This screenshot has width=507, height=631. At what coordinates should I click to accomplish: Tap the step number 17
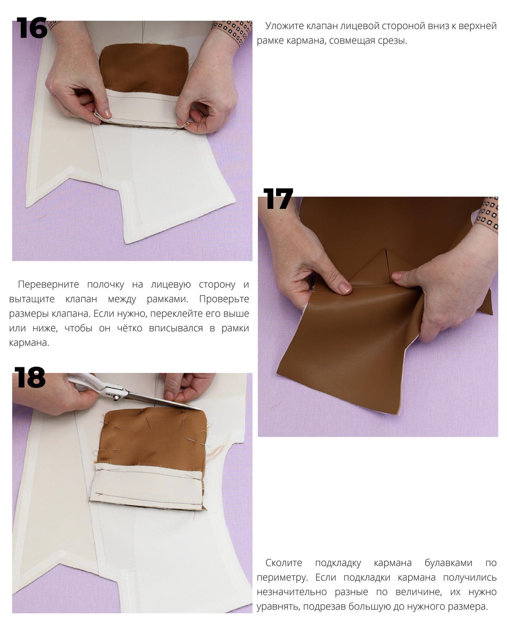click(278, 199)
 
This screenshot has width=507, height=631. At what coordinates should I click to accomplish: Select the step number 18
click(30, 377)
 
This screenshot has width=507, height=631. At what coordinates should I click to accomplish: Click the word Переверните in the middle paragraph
click(49, 284)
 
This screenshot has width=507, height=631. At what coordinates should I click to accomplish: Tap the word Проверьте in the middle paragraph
click(224, 299)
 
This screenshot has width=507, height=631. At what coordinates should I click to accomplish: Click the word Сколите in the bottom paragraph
click(284, 563)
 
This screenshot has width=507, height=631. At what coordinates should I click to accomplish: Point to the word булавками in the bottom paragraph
click(448, 563)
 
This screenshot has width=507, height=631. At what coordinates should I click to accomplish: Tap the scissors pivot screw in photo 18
click(115, 398)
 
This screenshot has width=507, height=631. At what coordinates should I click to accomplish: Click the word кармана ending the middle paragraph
click(29, 343)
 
